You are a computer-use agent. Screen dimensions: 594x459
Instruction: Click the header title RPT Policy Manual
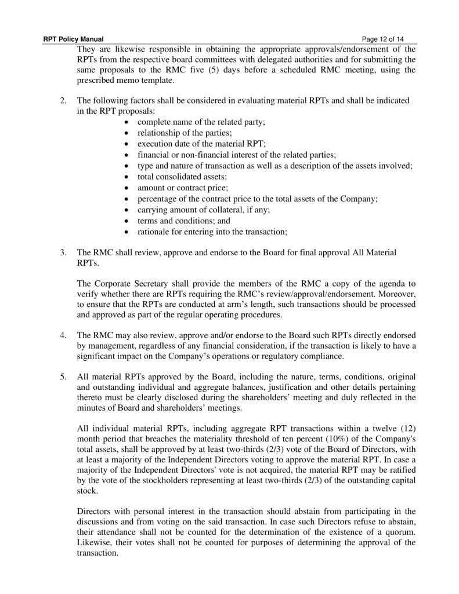[74, 39]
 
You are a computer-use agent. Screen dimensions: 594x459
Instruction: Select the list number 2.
[63, 100]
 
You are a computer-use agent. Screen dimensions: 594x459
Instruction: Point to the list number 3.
[63, 253]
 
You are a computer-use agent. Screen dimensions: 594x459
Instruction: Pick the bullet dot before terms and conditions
[128, 221]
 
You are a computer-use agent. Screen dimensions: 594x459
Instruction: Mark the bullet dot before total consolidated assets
[128, 177]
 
